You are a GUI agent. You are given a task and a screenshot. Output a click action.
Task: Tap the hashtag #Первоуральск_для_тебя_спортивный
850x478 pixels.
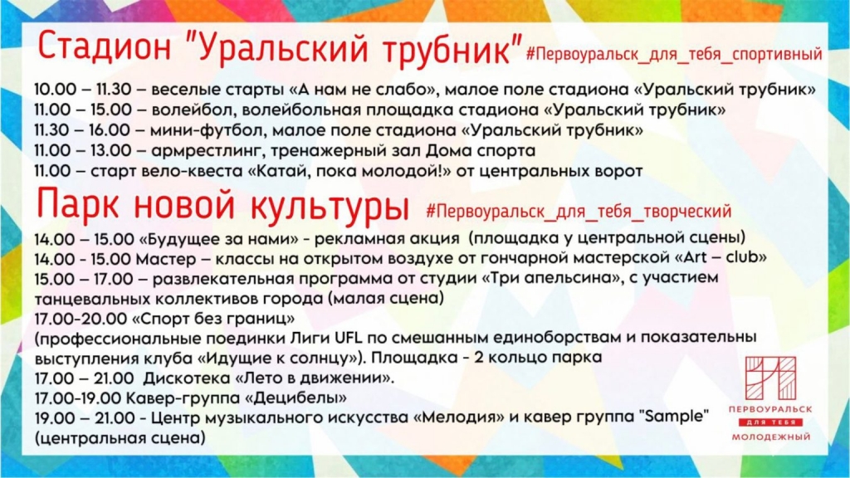673,54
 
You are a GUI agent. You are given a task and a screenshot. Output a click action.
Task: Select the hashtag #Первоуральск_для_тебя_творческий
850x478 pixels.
578,210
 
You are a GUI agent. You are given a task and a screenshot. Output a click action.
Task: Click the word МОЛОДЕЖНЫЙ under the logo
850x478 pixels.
769,437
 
